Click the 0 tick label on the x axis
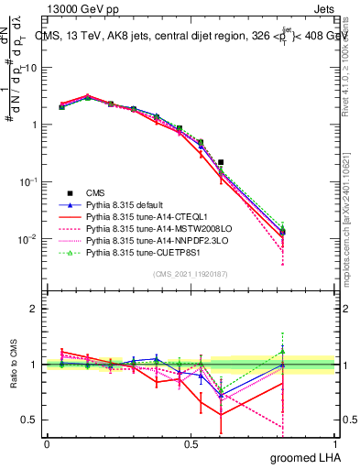pyautogui.click(x=47, y=443)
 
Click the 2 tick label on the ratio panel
pyautogui.click(x=35, y=310)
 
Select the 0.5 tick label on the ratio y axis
pyautogui.click(x=30, y=420)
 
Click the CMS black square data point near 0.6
pyautogui.click(x=221, y=162)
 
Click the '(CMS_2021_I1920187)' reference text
pyautogui.click(x=191, y=273)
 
